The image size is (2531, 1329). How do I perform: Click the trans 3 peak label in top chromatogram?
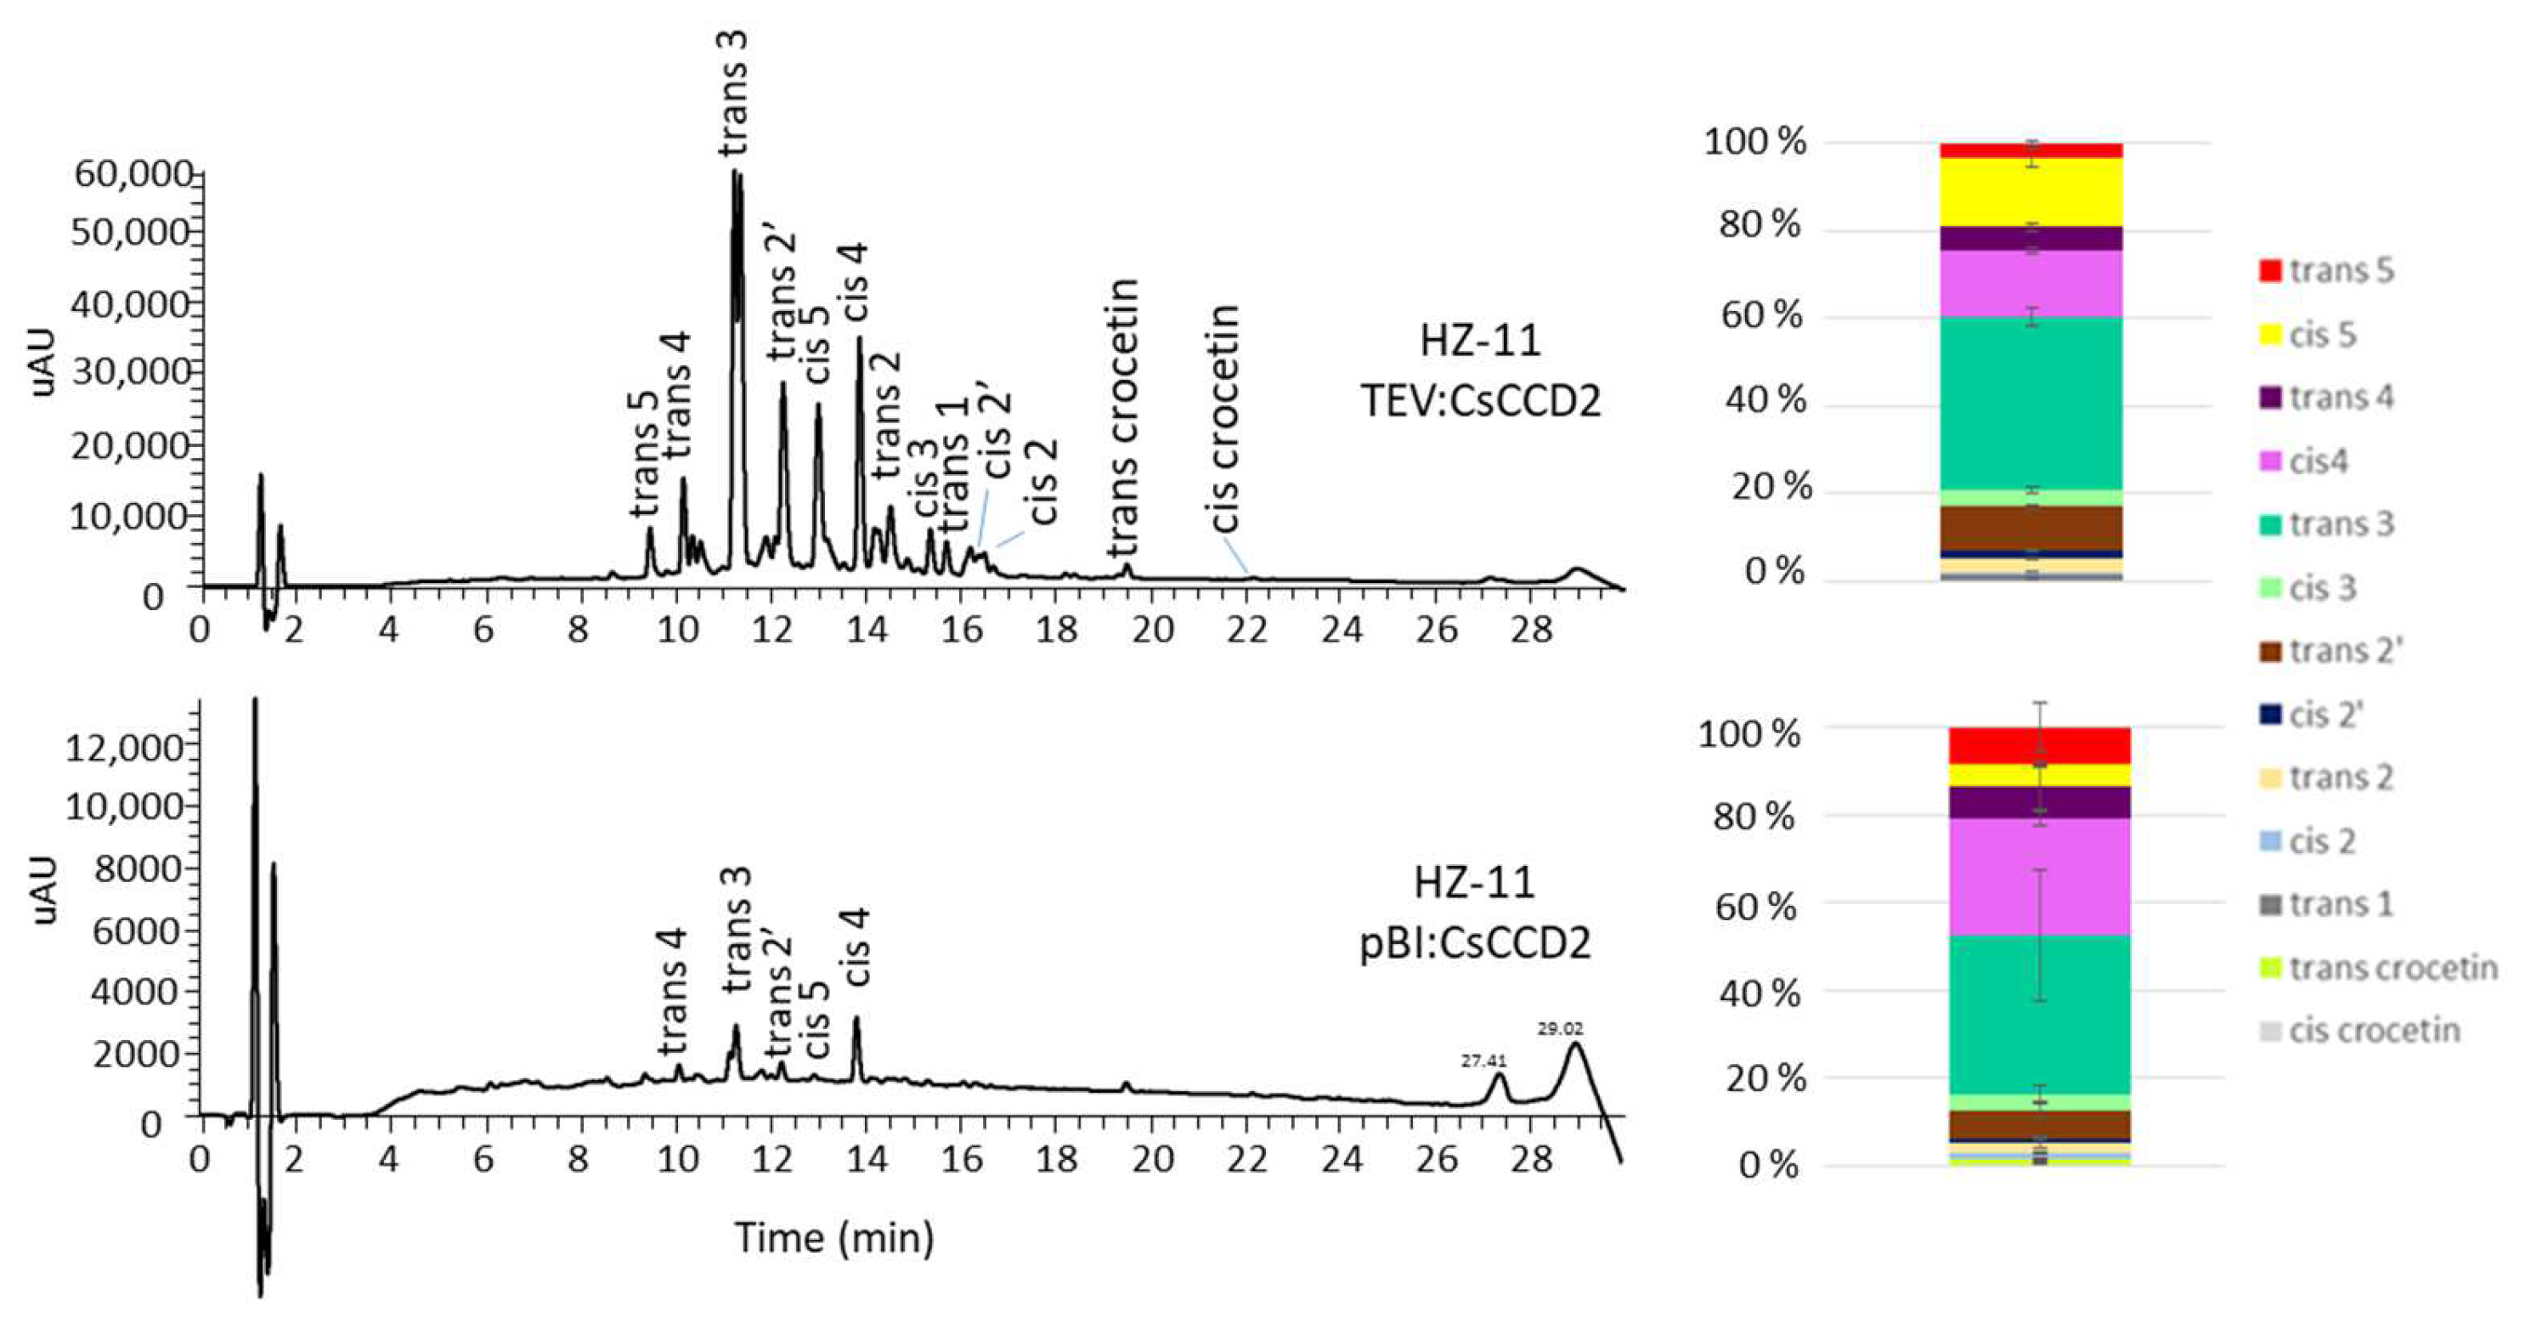[733, 93]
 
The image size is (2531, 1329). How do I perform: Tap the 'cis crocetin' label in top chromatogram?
[1223, 418]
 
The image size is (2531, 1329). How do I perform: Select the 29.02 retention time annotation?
[1560, 1029]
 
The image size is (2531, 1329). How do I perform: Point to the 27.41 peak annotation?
[1483, 1061]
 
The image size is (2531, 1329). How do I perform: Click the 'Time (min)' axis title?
[834, 1236]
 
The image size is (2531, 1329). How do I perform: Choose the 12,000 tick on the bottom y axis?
[125, 748]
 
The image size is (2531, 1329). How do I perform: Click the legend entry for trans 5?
[2341, 270]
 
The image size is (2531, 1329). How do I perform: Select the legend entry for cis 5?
[2323, 334]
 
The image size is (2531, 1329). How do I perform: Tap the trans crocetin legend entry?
[2393, 968]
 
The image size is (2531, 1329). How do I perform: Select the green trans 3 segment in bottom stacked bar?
[2040, 1013]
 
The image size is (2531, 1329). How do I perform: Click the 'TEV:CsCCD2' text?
[1481, 401]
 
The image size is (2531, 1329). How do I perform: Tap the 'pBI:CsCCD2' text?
[1475, 944]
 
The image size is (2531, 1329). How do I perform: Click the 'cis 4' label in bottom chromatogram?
[856, 947]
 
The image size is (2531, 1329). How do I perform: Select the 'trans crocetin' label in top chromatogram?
[1123, 418]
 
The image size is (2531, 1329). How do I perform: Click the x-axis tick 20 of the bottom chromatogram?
[1151, 1160]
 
